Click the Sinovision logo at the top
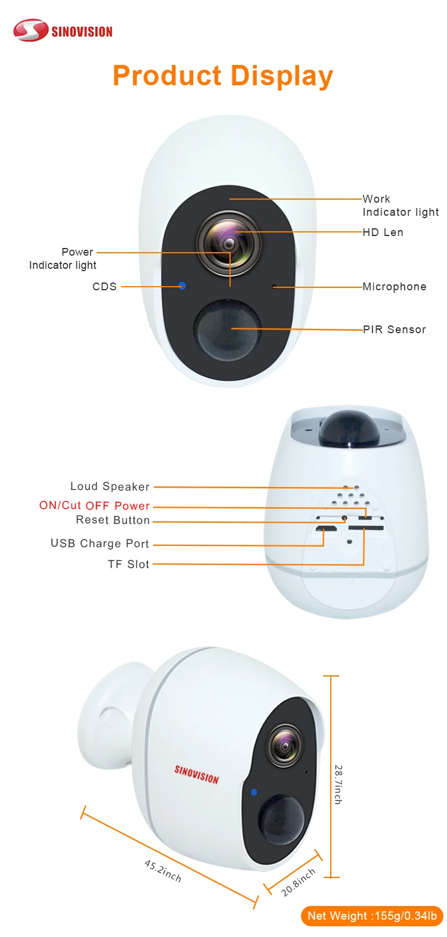tap(63, 30)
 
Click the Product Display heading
tap(223, 76)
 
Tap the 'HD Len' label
tap(383, 232)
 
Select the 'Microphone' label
tap(394, 287)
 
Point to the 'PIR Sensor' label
tap(394, 330)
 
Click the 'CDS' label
tap(104, 287)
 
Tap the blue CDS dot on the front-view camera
tap(182, 286)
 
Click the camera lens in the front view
tap(229, 243)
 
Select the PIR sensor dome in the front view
tap(227, 330)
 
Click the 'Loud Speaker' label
tap(110, 487)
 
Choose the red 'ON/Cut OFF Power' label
tap(94, 505)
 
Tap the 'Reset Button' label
tap(113, 520)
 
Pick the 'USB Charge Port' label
tap(100, 544)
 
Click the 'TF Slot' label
tap(128, 564)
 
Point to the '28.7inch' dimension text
tap(338, 784)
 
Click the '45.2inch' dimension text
tap(163, 871)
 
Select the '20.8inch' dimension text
tap(298, 882)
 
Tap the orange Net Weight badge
tap(372, 916)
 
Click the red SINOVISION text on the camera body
tap(197, 774)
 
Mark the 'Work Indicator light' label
tap(400, 206)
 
